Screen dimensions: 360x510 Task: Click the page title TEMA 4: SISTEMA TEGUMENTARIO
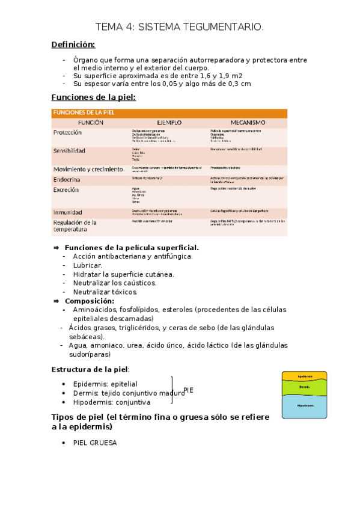[180, 26]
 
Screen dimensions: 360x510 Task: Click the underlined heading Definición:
[73, 45]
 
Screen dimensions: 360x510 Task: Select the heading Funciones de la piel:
[94, 97]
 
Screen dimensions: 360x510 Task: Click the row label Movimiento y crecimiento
[88, 170]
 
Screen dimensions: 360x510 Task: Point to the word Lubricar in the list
[88, 265]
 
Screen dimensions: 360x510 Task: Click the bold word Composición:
[89, 301]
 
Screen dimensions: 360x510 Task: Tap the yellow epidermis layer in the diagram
[305, 376]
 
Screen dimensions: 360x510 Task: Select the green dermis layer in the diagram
[305, 387]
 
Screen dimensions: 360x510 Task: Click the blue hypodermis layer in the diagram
[305, 407]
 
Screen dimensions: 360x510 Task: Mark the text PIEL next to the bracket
[188, 390]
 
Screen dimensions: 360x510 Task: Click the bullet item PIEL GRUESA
[95, 443]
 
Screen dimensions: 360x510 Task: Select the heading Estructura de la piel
[90, 369]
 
